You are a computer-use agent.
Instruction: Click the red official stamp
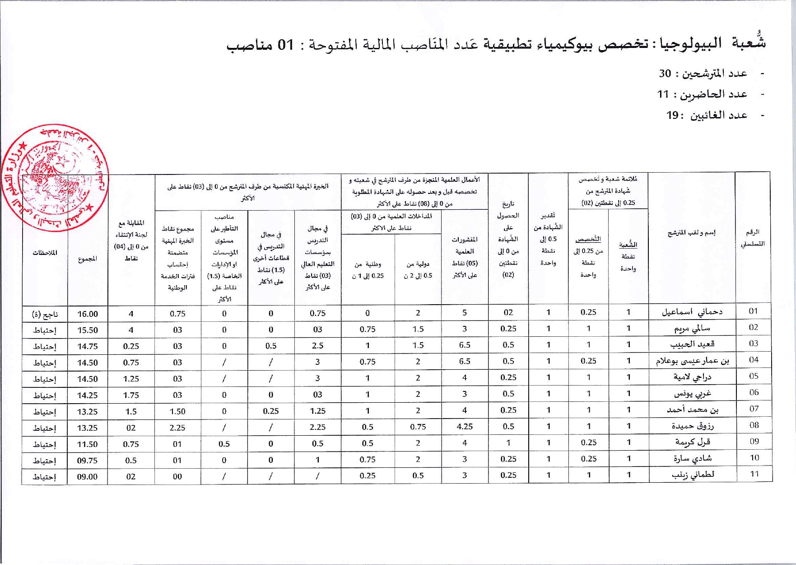point(55,178)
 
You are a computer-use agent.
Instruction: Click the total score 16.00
point(87,314)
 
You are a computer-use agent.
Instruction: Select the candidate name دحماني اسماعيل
point(692,312)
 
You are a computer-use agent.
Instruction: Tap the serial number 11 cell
point(754,474)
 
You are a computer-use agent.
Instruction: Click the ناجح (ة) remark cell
point(45,314)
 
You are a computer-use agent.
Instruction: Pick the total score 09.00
point(87,476)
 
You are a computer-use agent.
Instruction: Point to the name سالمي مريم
point(692,329)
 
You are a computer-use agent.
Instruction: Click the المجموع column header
point(87,259)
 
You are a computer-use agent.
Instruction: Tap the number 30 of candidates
point(665,73)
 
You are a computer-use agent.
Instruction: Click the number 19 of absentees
point(673,115)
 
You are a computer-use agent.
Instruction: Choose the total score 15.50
point(87,330)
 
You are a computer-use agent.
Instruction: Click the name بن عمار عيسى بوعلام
point(692,361)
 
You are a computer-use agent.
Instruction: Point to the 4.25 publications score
point(465,426)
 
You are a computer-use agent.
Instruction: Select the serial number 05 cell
point(754,376)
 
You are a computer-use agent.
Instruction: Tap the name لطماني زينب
point(693,475)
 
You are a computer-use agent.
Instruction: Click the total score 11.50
point(87,444)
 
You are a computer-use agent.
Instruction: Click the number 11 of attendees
point(663,94)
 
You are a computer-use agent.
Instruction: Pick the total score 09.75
point(87,461)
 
